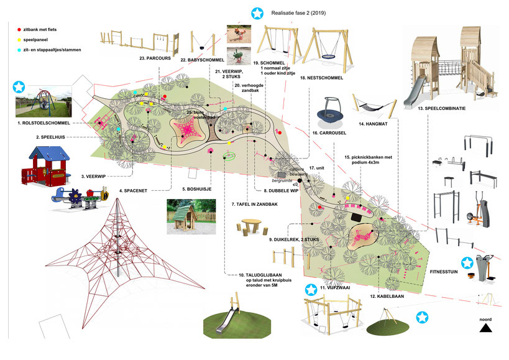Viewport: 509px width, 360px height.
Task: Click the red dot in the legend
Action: (19, 29)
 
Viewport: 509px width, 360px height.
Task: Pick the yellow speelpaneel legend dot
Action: (19, 39)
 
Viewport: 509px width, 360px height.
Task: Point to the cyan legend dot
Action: (19, 48)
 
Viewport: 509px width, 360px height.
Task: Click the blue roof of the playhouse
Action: (44, 153)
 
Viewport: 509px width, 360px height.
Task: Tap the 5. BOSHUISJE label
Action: (198, 190)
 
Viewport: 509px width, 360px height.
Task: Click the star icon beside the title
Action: (256, 12)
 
